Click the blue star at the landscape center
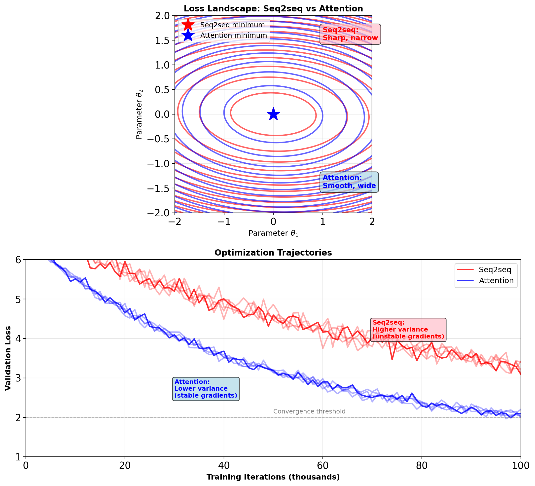[273, 114]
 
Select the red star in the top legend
[188, 25]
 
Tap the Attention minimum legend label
[234, 35]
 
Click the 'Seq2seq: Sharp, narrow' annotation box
[350, 34]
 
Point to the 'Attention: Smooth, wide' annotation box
[349, 182]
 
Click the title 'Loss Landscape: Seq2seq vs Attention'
[273, 8]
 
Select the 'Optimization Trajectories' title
[273, 253]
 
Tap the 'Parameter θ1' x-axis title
[273, 233]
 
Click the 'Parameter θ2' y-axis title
[139, 114]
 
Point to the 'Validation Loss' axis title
[8, 358]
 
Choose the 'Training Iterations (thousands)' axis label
[273, 477]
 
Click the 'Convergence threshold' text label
[309, 411]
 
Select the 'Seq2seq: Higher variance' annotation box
[408, 330]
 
